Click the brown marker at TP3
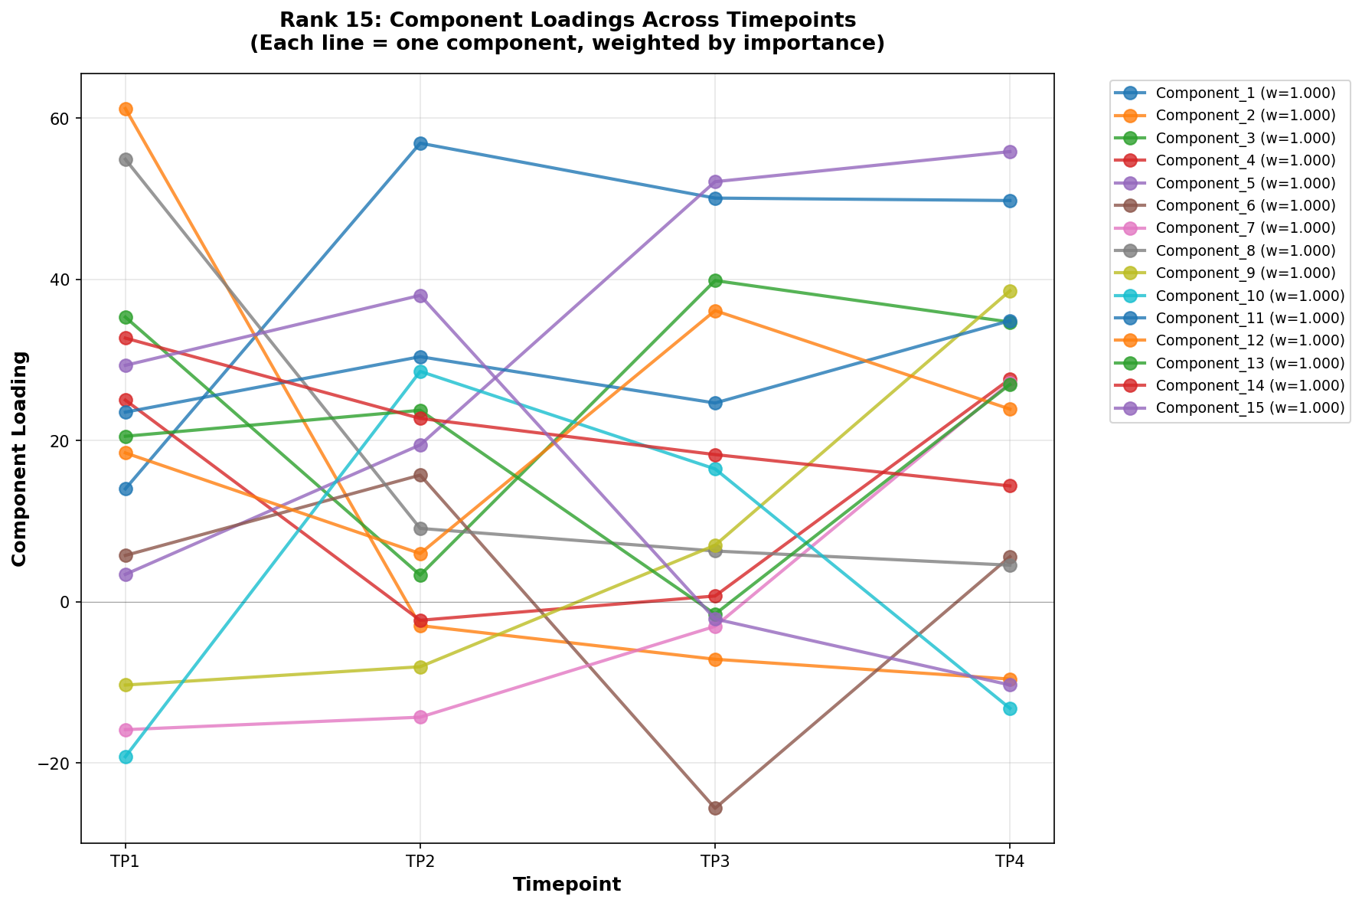[715, 808]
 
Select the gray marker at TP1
[126, 159]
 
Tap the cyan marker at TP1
[126, 757]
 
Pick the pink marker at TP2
[420, 717]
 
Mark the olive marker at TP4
[1010, 291]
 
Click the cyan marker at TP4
[1010, 708]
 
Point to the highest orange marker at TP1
[126, 109]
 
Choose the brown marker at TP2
[420, 475]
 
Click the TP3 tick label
[715, 862]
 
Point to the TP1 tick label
[126, 862]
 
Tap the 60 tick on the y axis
[60, 119]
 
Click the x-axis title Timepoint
[567, 885]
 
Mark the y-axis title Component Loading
[20, 458]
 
